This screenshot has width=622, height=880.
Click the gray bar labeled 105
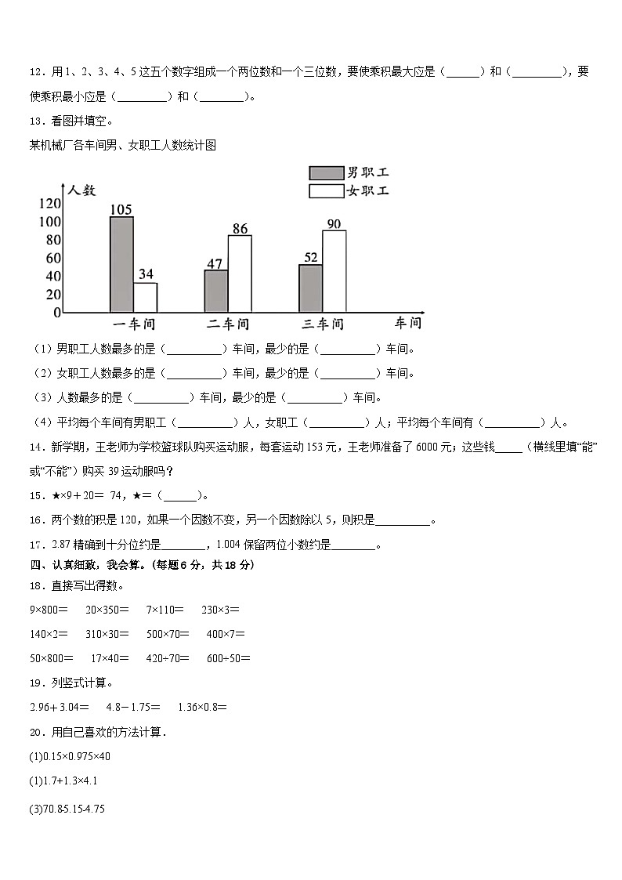(121, 264)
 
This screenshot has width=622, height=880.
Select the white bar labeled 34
(145, 297)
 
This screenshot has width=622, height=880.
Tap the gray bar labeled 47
(216, 291)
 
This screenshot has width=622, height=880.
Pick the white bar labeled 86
(240, 273)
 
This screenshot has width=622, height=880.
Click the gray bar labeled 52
(310, 288)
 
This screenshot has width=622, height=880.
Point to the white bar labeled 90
(334, 271)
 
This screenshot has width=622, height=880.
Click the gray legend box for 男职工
(326, 173)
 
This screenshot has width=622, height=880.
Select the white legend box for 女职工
(326, 191)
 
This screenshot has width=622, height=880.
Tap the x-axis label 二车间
(228, 324)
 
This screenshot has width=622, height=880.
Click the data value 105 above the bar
(121, 209)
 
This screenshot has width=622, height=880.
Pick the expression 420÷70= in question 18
(168, 658)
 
